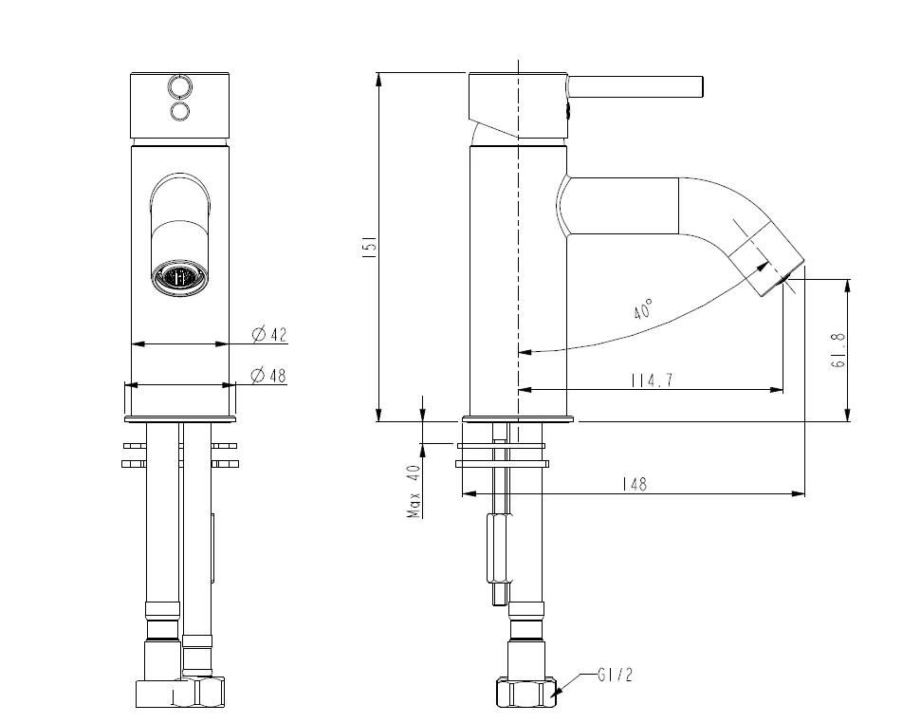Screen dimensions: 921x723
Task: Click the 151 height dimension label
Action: point(371,247)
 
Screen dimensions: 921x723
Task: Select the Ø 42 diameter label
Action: point(269,334)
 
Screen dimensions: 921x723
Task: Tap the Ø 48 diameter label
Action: point(268,376)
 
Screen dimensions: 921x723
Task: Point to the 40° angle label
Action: point(644,309)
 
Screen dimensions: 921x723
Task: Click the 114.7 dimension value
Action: point(652,380)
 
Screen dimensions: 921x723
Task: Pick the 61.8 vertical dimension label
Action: point(838,350)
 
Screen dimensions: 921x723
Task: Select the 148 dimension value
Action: point(635,484)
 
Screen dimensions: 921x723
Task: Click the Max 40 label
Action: point(414,491)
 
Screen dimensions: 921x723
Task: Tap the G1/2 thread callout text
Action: point(615,676)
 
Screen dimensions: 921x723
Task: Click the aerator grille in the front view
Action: point(180,277)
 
